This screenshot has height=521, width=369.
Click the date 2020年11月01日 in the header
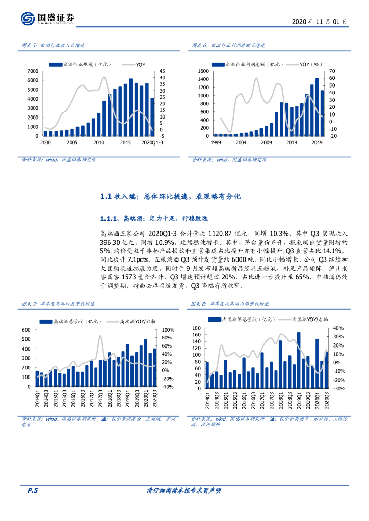click(x=320, y=22)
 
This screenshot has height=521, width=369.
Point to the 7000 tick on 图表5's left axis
click(x=32, y=71)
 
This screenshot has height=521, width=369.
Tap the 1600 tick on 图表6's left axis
click(x=203, y=71)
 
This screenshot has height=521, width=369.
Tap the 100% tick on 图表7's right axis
click(x=169, y=330)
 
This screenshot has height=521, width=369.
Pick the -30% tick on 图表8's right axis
click(x=337, y=388)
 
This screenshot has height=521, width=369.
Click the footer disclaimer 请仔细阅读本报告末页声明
click(x=183, y=490)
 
